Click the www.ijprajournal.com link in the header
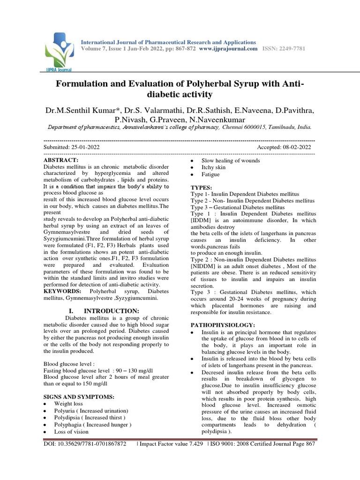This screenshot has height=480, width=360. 228,49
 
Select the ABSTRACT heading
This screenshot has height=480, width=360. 60,160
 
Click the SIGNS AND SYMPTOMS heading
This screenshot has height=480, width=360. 79,397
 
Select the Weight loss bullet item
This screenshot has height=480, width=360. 68,404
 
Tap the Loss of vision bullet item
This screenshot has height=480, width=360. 71,432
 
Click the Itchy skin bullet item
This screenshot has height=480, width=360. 213,167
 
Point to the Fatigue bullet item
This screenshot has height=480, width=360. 210,174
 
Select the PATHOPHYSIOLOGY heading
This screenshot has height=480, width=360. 223,325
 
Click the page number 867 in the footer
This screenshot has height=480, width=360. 309,443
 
